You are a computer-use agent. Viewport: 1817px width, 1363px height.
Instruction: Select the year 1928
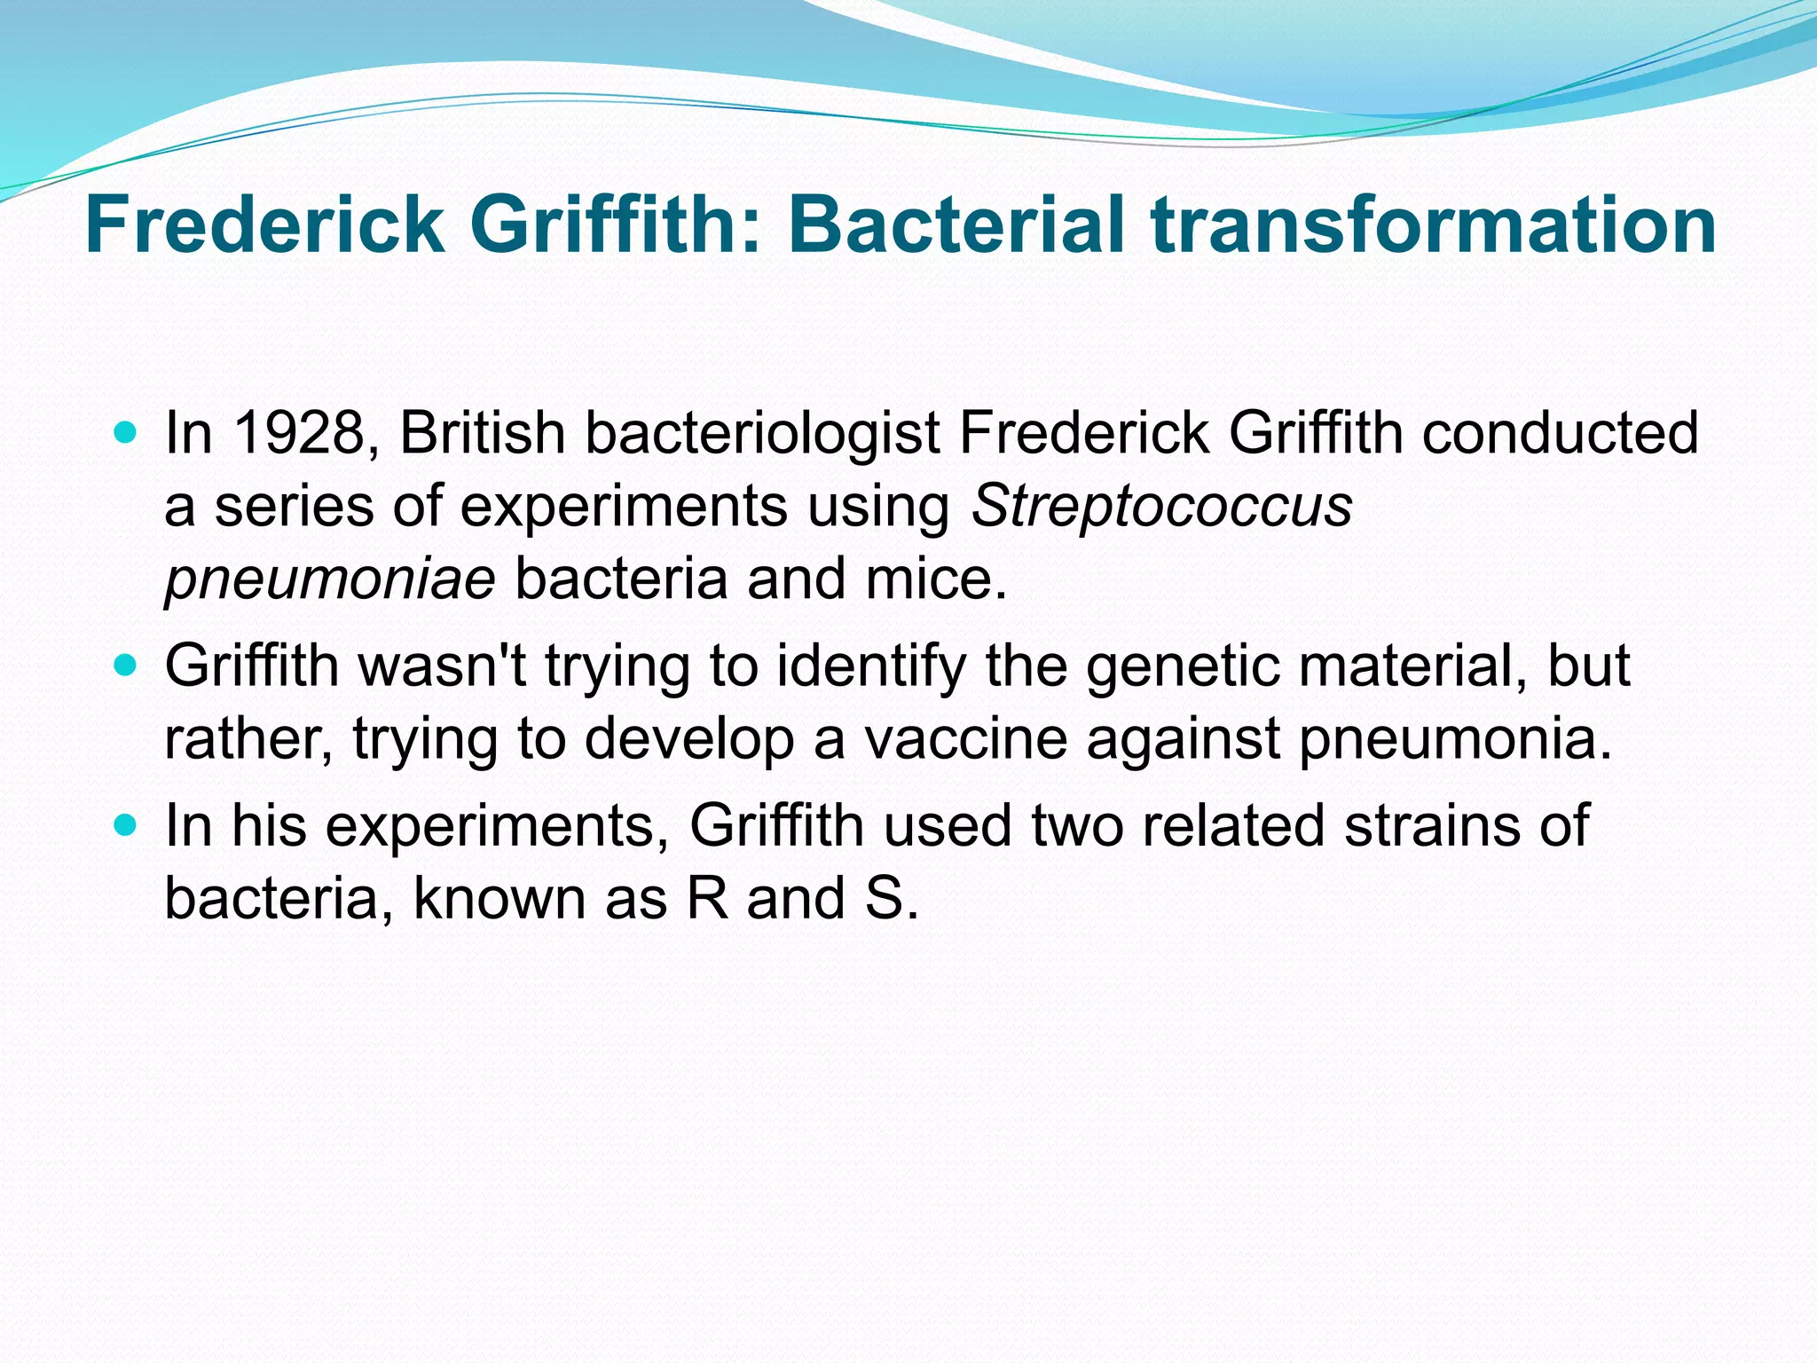pyautogui.click(x=298, y=434)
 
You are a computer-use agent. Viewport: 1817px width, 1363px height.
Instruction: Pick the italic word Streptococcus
pyautogui.click(x=1161, y=508)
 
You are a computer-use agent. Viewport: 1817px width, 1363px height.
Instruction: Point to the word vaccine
pyautogui.click(x=965, y=738)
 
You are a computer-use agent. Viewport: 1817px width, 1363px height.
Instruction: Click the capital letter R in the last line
pyautogui.click(x=706, y=898)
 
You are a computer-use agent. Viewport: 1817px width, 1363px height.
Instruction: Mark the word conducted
pyautogui.click(x=1561, y=434)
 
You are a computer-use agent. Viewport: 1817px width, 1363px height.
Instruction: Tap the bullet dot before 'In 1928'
pyautogui.click(x=126, y=434)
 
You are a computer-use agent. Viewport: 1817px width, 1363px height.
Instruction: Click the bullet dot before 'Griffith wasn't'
pyautogui.click(x=126, y=666)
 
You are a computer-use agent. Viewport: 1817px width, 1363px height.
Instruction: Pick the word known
pyautogui.click(x=499, y=898)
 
